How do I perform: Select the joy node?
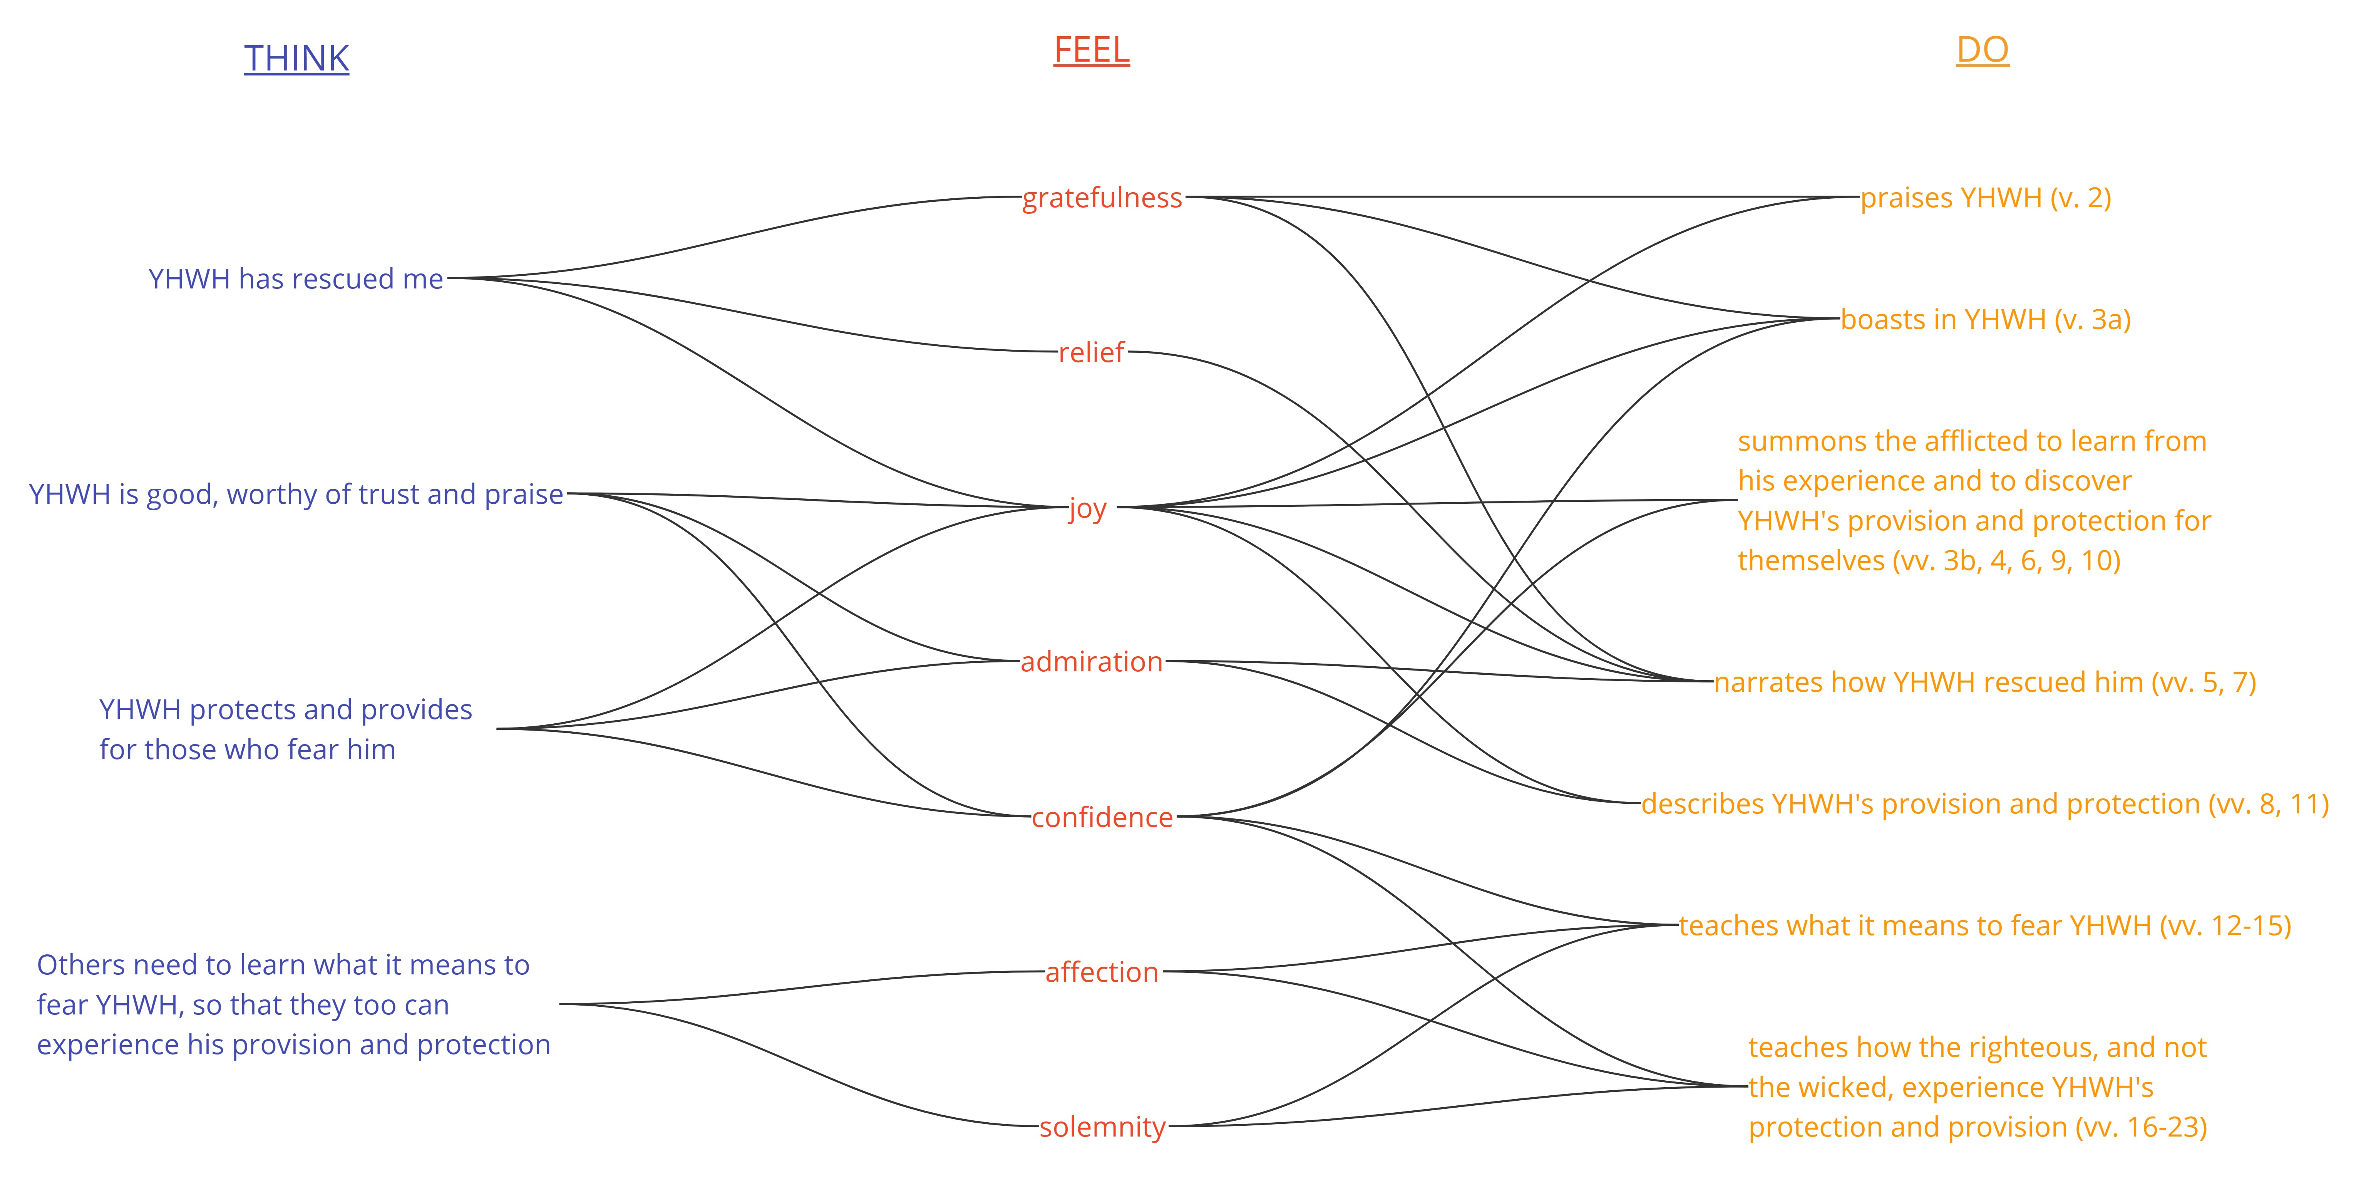tap(1088, 508)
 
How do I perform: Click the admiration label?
tap(1092, 662)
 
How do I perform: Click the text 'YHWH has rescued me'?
tap(296, 279)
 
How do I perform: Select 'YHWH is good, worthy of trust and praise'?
tap(296, 494)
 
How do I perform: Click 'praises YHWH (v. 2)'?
tap(1985, 198)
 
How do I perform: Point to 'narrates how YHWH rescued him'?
tap(1928, 682)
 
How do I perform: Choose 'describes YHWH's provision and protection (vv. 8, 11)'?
tap(1985, 804)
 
